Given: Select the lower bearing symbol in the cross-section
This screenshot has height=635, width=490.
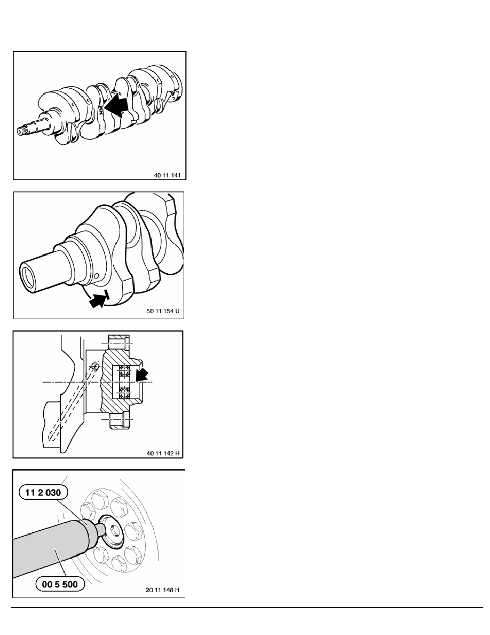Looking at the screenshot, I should point(124,394).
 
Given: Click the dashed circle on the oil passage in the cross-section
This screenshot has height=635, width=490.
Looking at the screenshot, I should point(95,367).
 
